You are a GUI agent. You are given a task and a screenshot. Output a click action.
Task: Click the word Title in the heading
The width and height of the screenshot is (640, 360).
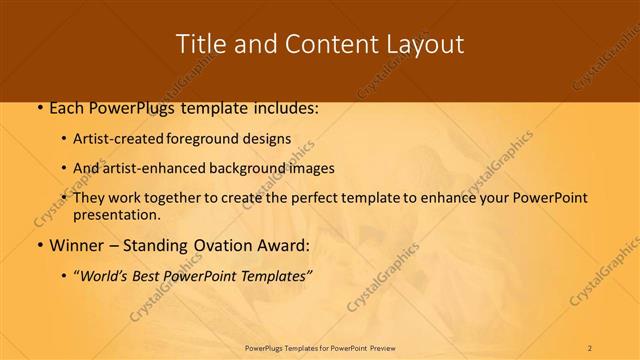(200, 44)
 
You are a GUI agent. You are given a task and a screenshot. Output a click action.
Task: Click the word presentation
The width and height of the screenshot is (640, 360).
(116, 214)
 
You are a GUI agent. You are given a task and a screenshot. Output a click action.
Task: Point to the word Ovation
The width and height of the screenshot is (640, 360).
(222, 245)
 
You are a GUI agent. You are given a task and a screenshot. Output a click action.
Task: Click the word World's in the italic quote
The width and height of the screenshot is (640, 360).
(109, 276)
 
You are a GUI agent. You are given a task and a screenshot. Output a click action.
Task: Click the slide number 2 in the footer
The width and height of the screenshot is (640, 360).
(590, 347)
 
